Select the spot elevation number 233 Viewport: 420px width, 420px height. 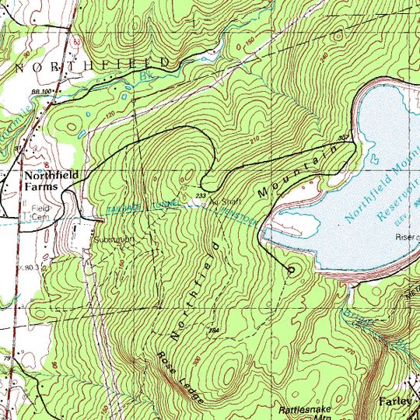pyautogui.click(x=201, y=195)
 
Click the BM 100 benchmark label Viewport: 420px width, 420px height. pyautogui.click(x=41, y=92)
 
